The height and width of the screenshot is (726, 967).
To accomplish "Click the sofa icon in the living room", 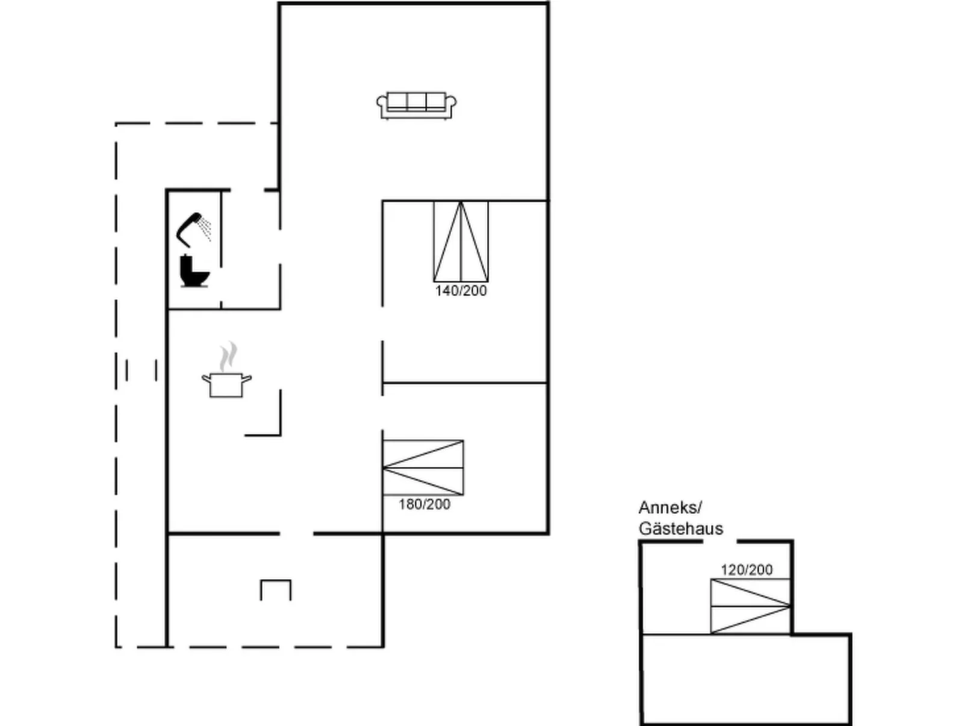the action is (416, 105).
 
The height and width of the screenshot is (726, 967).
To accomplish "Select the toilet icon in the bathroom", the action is (194, 271).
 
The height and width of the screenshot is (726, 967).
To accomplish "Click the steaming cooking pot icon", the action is (226, 371).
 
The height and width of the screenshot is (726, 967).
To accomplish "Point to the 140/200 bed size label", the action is (461, 291).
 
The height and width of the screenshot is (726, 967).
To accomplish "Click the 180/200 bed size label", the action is (424, 504).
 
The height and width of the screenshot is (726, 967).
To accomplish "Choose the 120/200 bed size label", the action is (746, 570).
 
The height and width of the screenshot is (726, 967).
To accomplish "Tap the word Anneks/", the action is (670, 508).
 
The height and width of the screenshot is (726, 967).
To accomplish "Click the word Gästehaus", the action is (680, 529).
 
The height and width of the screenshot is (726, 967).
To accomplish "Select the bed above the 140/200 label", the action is (461, 241).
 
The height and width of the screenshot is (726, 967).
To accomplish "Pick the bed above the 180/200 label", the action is (423, 468).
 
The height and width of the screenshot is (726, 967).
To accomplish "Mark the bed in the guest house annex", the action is (750, 607).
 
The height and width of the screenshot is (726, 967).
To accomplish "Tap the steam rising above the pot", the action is (229, 356).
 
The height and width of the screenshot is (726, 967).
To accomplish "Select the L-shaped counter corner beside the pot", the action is (280, 434).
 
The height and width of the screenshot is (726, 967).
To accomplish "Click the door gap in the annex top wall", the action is (720, 542).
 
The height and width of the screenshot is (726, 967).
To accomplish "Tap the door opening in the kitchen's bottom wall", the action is (296, 534).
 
